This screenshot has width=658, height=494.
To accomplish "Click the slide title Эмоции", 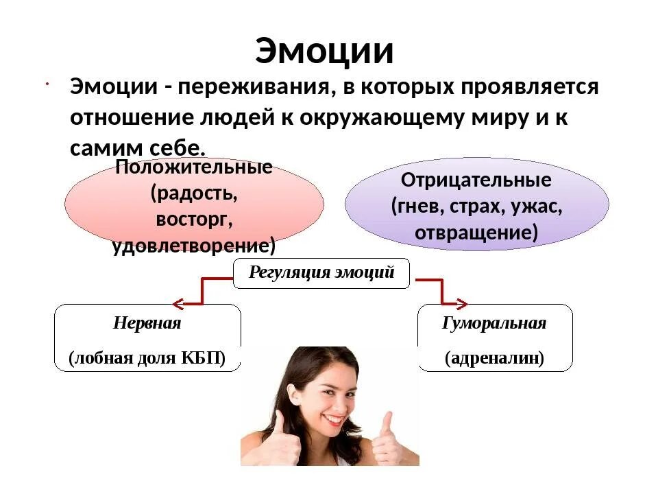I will [324, 51].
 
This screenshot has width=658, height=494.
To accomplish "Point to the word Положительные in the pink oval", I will [194, 167].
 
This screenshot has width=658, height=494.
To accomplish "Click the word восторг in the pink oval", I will [194, 219].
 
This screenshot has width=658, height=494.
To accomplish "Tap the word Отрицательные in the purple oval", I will [476, 180].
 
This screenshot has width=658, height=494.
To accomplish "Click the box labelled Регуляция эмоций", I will [321, 273].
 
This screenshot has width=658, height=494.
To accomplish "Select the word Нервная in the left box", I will [147, 323].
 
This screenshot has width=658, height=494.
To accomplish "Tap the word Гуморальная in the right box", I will [494, 323].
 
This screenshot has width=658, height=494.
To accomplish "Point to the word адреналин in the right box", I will [494, 358].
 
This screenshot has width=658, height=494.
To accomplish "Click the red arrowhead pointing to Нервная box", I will [178, 303].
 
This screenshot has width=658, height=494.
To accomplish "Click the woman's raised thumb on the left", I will [280, 420].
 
